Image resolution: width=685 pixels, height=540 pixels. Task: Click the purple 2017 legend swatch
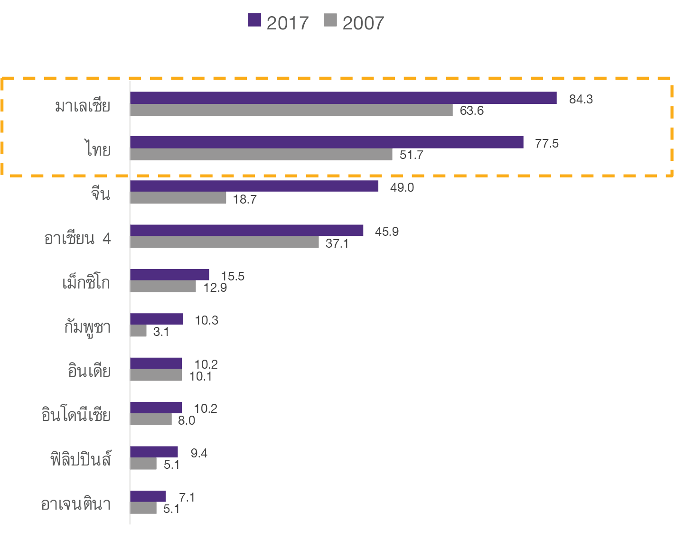(254, 20)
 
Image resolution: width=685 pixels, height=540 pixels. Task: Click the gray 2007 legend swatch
(330, 20)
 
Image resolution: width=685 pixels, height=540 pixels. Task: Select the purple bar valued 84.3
(343, 98)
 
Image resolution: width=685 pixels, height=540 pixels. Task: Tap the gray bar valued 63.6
(291, 110)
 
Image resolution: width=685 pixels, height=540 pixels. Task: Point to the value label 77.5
(547, 143)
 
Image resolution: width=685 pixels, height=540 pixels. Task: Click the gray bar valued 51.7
(261, 154)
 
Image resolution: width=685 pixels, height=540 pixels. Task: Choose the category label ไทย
(98, 149)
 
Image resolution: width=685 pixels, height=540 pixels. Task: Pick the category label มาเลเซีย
(83, 105)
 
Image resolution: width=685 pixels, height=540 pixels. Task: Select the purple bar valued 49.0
(254, 186)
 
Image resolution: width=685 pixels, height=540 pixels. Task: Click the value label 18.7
(245, 199)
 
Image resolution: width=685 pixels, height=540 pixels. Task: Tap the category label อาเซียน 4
(77, 238)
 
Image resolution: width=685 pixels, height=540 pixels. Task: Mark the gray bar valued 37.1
(225, 242)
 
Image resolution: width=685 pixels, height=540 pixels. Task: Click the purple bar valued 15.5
(169, 275)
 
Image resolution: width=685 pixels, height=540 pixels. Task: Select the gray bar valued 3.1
(138, 331)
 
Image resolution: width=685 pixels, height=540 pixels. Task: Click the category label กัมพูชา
(88, 327)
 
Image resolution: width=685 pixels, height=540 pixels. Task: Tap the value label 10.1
(200, 376)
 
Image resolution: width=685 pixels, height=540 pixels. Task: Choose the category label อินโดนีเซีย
(76, 415)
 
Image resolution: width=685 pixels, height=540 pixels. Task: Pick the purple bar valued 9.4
(154, 452)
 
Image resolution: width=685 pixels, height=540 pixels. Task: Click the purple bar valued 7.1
(148, 496)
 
